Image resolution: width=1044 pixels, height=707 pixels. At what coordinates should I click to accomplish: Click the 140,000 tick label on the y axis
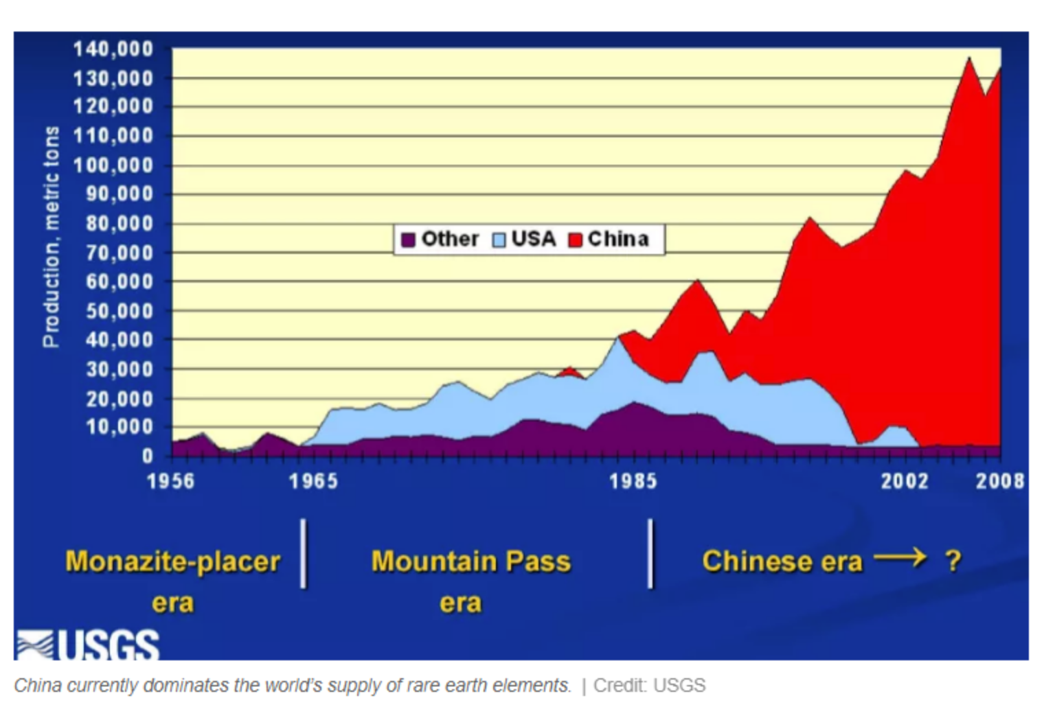click(x=113, y=49)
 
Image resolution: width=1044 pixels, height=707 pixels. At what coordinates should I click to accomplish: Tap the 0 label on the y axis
click(x=147, y=456)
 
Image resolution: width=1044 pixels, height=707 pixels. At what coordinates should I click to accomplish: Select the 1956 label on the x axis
click(x=171, y=481)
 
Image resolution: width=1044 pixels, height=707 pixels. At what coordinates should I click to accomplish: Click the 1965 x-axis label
click(x=314, y=481)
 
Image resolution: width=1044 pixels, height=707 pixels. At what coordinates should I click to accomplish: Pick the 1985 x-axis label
click(x=633, y=481)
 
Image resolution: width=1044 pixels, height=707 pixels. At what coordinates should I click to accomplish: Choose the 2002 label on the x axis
click(x=905, y=481)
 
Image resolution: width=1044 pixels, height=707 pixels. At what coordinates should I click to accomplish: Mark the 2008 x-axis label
click(x=1000, y=481)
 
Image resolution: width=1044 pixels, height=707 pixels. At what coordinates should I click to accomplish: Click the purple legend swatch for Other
click(x=408, y=240)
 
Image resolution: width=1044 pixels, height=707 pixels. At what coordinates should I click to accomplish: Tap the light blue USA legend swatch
click(x=499, y=240)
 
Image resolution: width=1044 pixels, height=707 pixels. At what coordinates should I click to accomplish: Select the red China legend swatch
click(x=576, y=240)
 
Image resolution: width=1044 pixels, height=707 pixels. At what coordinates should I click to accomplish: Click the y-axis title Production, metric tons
click(x=52, y=237)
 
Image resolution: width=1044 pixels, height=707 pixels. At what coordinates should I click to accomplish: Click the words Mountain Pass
click(x=471, y=561)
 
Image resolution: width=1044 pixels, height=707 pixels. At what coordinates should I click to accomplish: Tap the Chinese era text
click(x=782, y=561)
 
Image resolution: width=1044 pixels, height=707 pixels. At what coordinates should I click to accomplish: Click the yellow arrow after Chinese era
click(x=900, y=557)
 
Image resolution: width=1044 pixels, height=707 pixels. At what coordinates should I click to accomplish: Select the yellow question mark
click(x=953, y=561)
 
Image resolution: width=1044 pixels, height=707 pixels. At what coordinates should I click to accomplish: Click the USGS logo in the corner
click(x=88, y=645)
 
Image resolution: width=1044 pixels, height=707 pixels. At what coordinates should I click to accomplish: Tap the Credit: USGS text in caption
click(x=649, y=686)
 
